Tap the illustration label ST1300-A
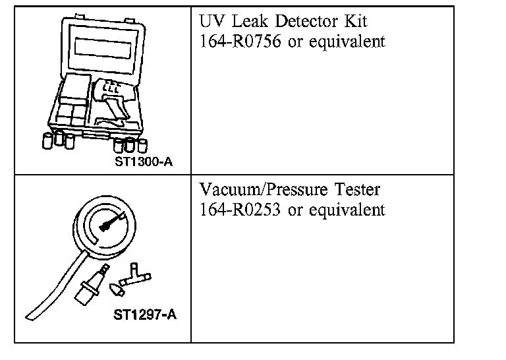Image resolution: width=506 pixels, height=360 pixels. (144, 161)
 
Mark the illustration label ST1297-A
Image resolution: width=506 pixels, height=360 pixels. (144, 315)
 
